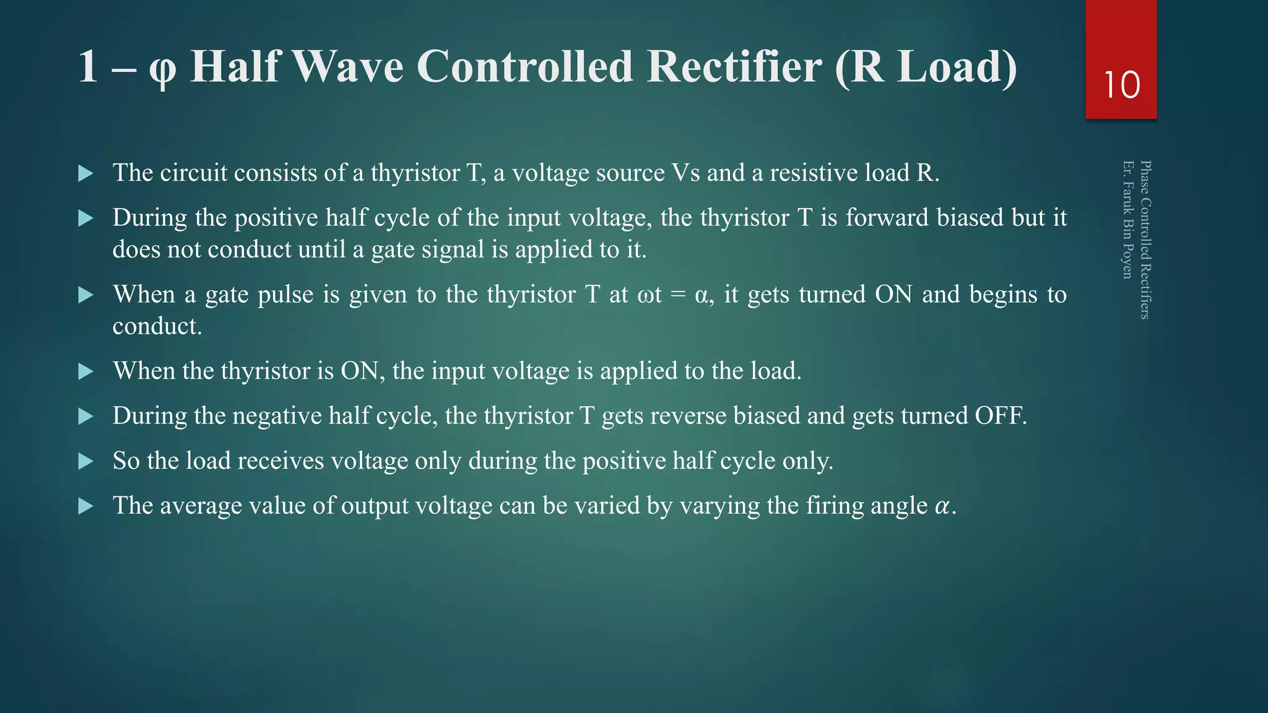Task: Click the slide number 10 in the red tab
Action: [1121, 85]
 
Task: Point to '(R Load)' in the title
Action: [925, 67]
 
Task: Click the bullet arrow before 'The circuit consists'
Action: [86, 173]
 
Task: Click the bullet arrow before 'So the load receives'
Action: [86, 461]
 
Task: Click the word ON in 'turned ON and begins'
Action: [893, 294]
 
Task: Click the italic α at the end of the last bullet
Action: [942, 506]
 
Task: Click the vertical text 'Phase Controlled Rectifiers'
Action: [1145, 240]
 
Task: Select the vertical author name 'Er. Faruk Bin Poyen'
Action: [1128, 220]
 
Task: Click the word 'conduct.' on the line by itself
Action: [157, 326]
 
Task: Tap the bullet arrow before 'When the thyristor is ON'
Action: [86, 371]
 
